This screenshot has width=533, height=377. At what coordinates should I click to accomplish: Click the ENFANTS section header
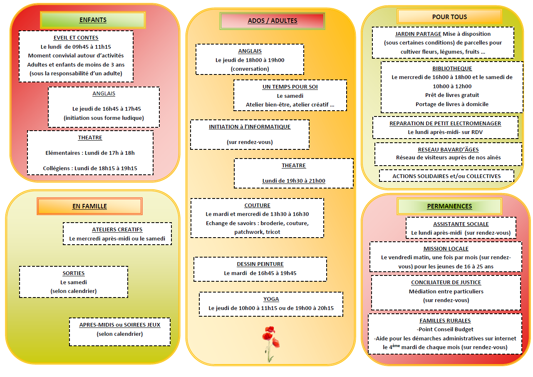pyautogui.click(x=93, y=20)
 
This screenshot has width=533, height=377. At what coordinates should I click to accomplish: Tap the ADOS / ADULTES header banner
pyautogui.click(x=273, y=21)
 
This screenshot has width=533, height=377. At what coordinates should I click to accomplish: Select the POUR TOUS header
pyautogui.click(x=449, y=17)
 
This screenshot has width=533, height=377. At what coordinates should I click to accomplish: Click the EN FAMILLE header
pyautogui.click(x=89, y=206)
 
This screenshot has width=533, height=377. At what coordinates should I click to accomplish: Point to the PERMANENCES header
pyautogui.click(x=449, y=206)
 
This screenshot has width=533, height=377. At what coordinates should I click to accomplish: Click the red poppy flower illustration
pyautogui.click(x=271, y=344)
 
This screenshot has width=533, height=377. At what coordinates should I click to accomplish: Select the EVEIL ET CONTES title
pyautogui.click(x=76, y=38)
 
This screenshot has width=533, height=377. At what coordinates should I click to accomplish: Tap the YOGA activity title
pyautogui.click(x=271, y=299)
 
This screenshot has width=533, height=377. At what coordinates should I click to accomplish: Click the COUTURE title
pyautogui.click(x=257, y=206)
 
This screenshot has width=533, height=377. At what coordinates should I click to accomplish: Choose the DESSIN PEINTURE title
pyautogui.click(x=260, y=264)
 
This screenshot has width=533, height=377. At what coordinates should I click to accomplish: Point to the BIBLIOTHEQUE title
pyautogui.click(x=452, y=69)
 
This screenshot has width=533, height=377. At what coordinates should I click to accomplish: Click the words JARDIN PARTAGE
pyautogui.click(x=418, y=34)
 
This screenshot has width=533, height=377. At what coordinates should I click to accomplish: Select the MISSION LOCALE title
pyautogui.click(x=446, y=249)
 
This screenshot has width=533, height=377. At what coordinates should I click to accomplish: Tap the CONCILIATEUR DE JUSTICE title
pyautogui.click(x=446, y=283)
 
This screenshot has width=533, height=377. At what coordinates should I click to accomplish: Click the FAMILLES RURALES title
pyautogui.click(x=445, y=321)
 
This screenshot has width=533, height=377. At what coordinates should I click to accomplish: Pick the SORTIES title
pyautogui.click(x=74, y=273)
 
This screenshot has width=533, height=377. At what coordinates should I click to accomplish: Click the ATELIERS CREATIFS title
pyautogui.click(x=117, y=230)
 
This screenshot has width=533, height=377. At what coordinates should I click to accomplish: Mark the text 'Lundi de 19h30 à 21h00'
pyautogui.click(x=294, y=181)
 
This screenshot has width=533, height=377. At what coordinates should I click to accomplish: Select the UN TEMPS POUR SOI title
pyautogui.click(x=290, y=87)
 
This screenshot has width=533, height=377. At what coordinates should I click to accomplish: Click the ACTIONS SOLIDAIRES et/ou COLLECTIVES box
pyautogui.click(x=446, y=176)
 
